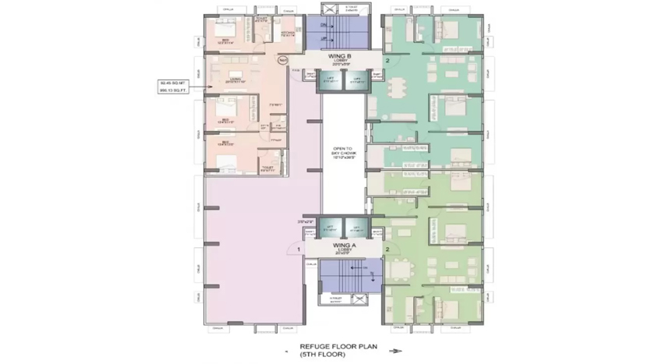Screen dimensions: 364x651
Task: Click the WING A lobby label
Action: (x=345, y=247)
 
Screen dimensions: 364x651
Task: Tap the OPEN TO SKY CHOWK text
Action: (x=344, y=154)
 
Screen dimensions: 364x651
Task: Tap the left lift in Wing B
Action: (x=330, y=79)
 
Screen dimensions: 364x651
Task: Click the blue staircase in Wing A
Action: (x=344, y=276)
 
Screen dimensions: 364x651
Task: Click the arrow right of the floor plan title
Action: (x=395, y=352)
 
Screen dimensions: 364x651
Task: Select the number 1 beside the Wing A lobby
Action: (x=298, y=249)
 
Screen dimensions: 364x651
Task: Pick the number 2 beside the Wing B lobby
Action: (x=387, y=60)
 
